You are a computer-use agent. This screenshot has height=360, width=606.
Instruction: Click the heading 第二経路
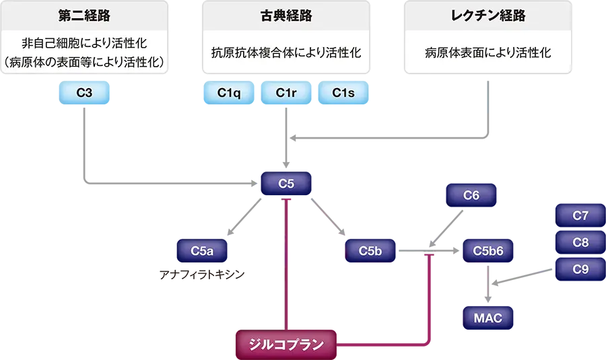tap(84, 16)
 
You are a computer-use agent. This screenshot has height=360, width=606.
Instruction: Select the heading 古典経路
tap(286, 16)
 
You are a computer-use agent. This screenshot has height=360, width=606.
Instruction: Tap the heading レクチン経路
tap(488, 16)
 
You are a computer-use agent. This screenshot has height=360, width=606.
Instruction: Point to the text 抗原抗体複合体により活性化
tap(286, 52)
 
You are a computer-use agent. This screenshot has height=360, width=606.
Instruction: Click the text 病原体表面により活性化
tap(488, 52)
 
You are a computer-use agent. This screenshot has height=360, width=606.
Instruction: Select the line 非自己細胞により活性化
tap(84, 44)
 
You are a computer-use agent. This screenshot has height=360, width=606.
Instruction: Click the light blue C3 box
tap(84, 93)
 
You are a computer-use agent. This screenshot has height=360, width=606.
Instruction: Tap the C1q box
tap(229, 93)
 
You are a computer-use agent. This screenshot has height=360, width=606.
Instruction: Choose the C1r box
tap(286, 93)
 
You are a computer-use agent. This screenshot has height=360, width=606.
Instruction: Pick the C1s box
tap(343, 93)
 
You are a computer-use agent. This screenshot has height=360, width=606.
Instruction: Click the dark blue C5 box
tap(286, 183)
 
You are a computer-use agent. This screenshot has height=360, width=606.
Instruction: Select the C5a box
tap(202, 251)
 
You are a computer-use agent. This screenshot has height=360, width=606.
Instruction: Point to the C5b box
tap(370, 251)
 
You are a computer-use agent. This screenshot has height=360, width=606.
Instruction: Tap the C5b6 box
tap(488, 251)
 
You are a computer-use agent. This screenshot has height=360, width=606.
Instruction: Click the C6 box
tap(471, 195)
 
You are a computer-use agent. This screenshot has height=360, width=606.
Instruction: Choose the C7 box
tap(580, 216)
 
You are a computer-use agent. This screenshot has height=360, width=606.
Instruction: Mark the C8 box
tap(580, 242)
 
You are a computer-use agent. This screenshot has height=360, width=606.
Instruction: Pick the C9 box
tap(580, 269)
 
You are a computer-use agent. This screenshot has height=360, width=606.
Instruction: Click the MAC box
tap(488, 318)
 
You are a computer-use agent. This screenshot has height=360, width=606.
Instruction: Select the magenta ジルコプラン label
tap(286, 345)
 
